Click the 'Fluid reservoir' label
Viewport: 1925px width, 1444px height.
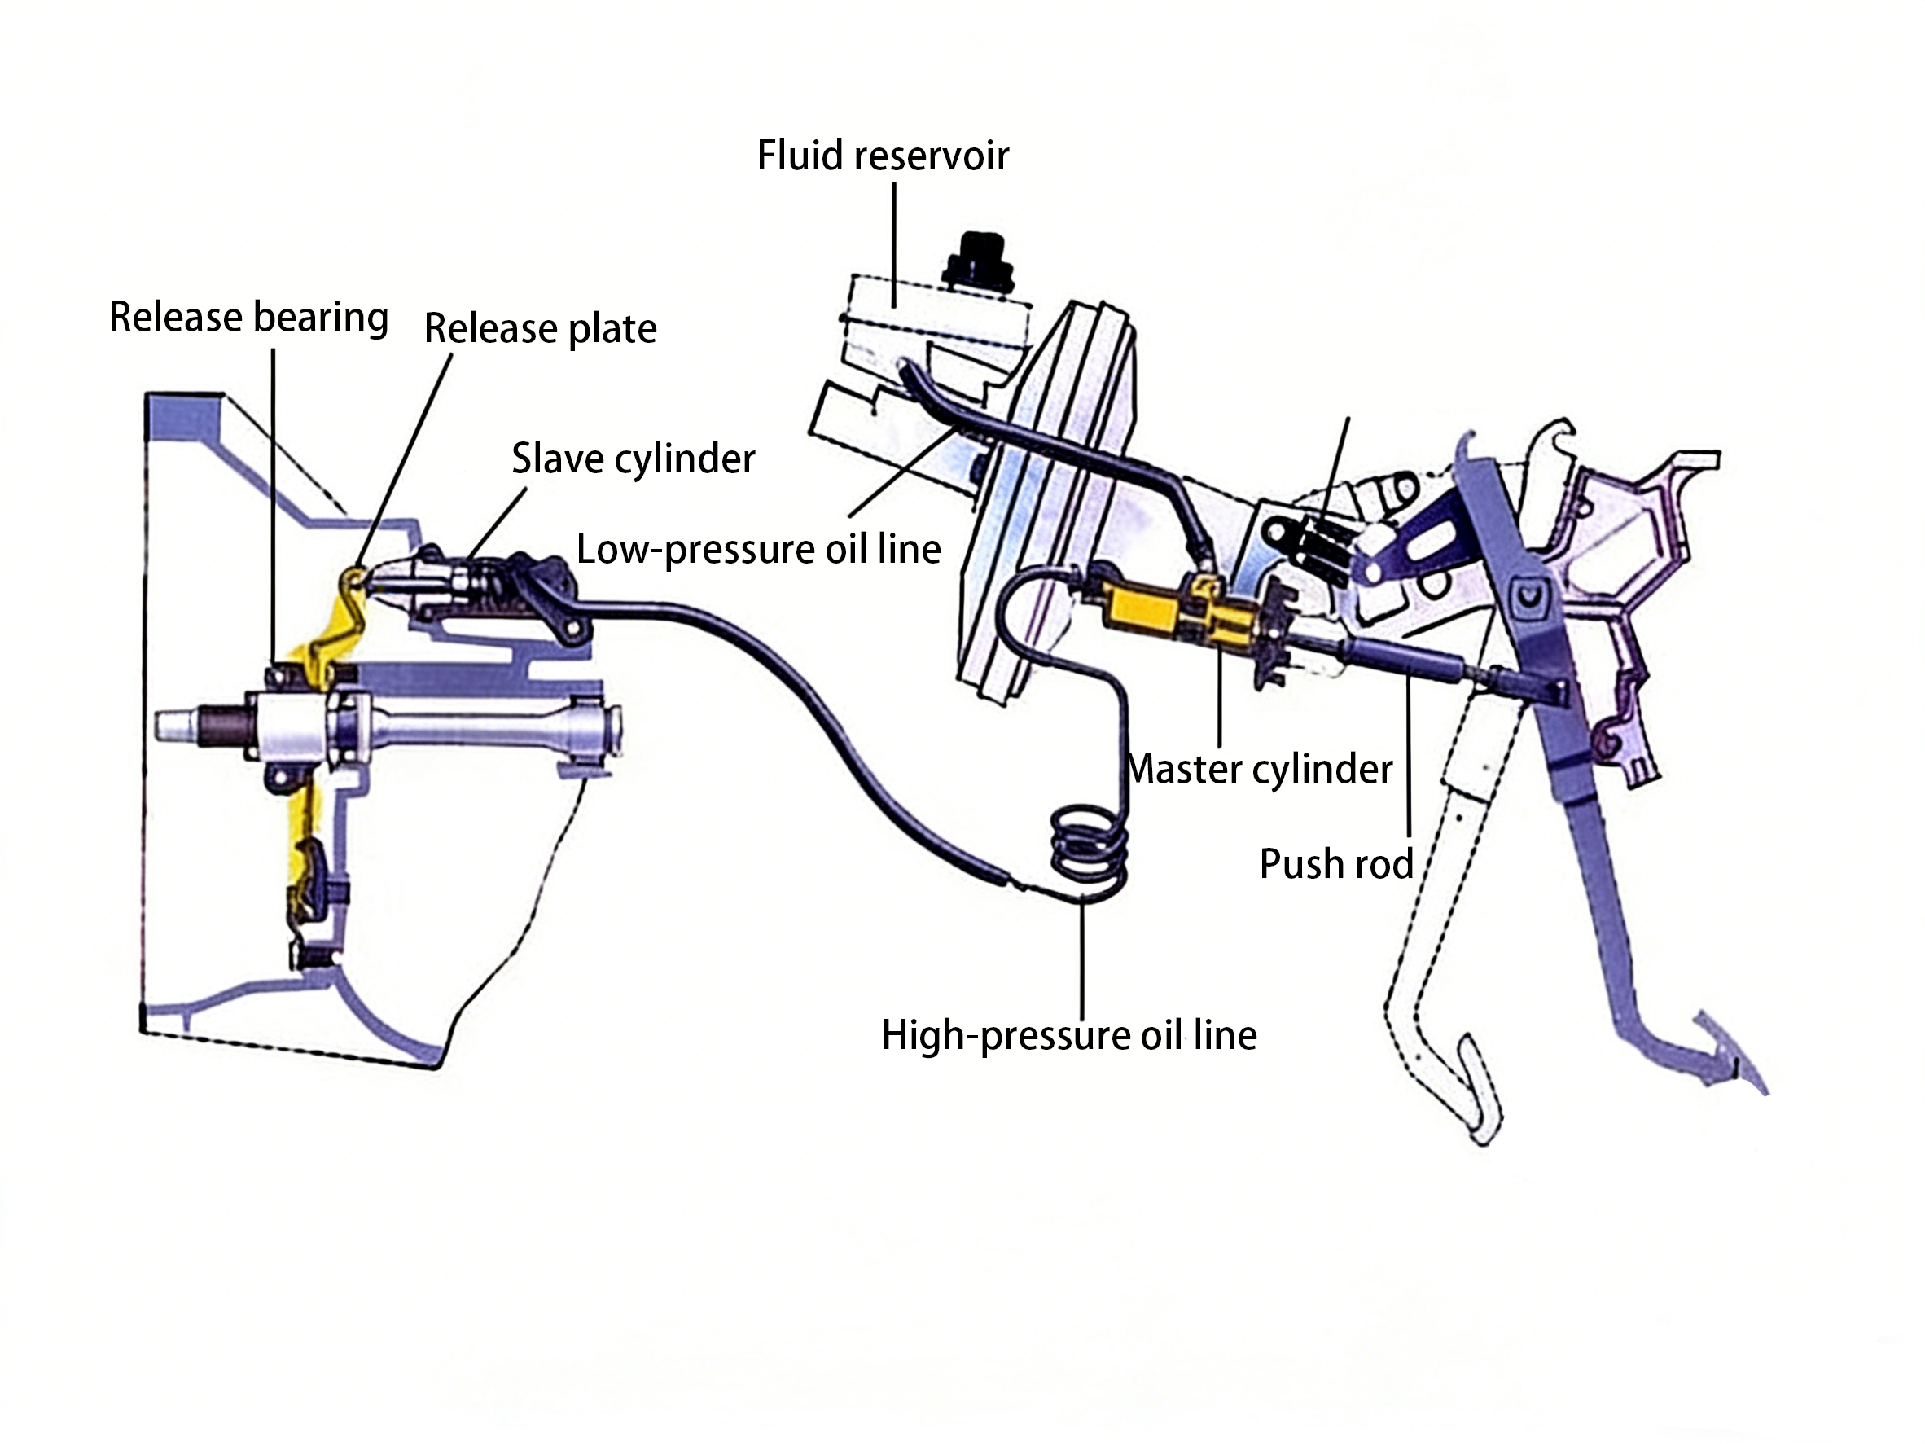pyautogui.click(x=883, y=156)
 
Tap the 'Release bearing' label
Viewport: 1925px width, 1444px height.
pyautogui.click(x=248, y=317)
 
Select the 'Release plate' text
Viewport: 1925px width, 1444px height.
pyautogui.click(x=540, y=329)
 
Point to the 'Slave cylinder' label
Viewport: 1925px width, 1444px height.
pyautogui.click(x=633, y=459)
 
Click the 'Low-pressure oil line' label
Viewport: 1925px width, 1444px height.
pyautogui.click(x=758, y=549)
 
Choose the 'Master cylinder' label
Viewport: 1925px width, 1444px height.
pyautogui.click(x=1259, y=770)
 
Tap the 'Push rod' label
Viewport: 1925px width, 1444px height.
pyautogui.click(x=1335, y=864)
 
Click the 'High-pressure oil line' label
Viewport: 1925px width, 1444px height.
pyautogui.click(x=1068, y=1036)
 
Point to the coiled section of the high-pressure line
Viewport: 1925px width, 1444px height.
pyautogui.click(x=1089, y=849)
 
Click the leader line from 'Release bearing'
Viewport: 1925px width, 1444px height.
pyautogui.click(x=274, y=505)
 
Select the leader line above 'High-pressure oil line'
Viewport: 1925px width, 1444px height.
pyautogui.click(x=1082, y=958)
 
